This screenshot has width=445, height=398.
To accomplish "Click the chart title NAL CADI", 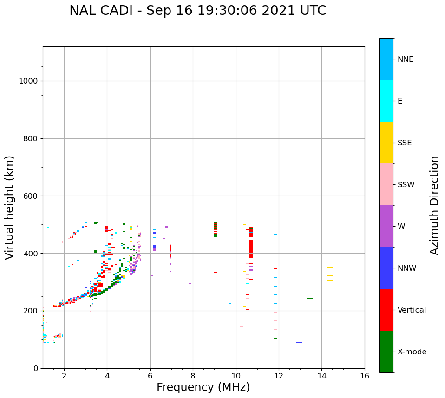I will (x=197, y=11).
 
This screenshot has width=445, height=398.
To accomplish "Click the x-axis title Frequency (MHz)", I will (x=203, y=387).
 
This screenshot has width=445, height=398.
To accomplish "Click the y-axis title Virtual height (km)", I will (x=10, y=208).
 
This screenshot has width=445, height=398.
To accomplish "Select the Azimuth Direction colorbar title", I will (x=434, y=205).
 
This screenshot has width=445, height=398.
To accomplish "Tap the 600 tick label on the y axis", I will (x=31, y=196).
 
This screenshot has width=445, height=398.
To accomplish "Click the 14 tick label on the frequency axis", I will (x=322, y=376).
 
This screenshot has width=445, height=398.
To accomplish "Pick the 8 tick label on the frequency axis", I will (x=193, y=376).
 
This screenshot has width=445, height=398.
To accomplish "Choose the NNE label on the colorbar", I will (x=405, y=59).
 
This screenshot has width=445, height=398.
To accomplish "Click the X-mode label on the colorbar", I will (x=412, y=352).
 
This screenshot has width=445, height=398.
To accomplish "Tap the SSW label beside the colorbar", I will (x=406, y=185).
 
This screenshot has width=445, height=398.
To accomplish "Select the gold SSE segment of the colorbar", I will (x=386, y=143).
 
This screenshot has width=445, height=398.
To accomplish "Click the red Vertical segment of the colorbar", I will (x=386, y=310).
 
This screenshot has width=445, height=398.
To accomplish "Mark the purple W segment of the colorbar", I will (x=386, y=226).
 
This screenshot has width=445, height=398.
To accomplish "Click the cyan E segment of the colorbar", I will (x=386, y=101).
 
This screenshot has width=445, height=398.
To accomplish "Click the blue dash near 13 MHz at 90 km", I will (x=299, y=342).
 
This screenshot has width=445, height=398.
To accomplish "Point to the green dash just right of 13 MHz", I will (x=309, y=298).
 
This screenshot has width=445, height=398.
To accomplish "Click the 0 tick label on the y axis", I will (x=35, y=368).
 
